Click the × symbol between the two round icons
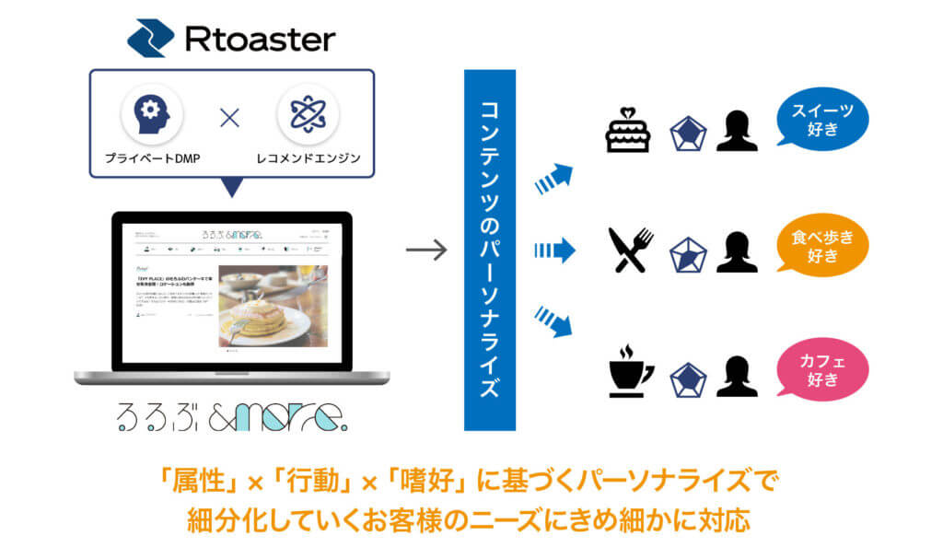(229, 118)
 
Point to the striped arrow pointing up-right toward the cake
(553, 179)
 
